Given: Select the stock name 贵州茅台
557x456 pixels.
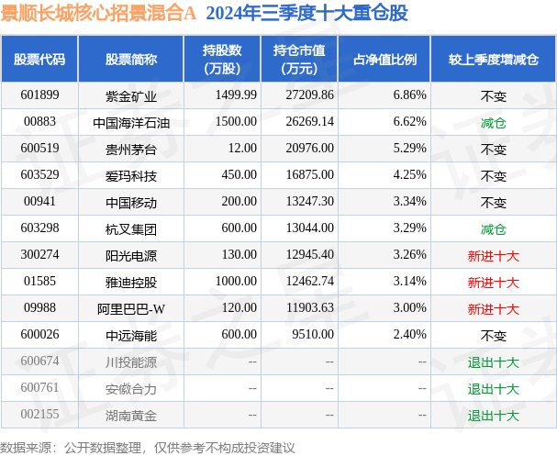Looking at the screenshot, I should click(x=131, y=149).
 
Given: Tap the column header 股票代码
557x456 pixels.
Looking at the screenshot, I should click(x=39, y=59).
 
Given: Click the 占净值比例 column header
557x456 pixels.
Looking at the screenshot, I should click(x=384, y=59).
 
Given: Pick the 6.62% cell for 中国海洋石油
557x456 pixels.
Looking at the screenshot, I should click(x=409, y=121).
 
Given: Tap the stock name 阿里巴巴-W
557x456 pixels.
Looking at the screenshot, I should click(x=131, y=309).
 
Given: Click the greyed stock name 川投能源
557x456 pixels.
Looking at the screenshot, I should click(x=131, y=362).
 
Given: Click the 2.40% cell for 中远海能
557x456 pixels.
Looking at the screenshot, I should click(x=409, y=336).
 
